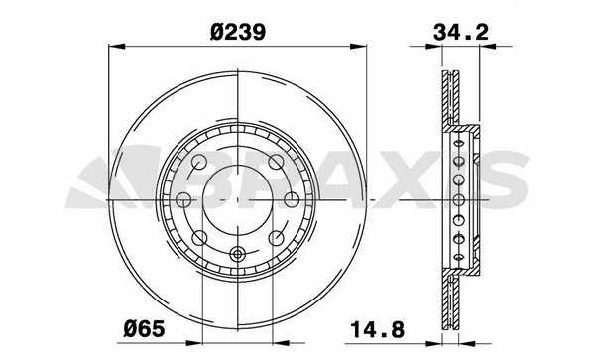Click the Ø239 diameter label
tap(238, 32)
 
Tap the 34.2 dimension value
tap(461, 32)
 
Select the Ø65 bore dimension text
tap(144, 328)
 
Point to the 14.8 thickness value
tap(377, 329)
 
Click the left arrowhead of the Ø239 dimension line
tap(117, 46)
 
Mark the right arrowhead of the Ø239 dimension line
tap(358, 46)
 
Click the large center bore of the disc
tap(238, 199)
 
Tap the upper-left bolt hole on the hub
tap(199, 162)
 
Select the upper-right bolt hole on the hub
tap(276, 162)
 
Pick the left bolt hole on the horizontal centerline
tap(184, 199)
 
